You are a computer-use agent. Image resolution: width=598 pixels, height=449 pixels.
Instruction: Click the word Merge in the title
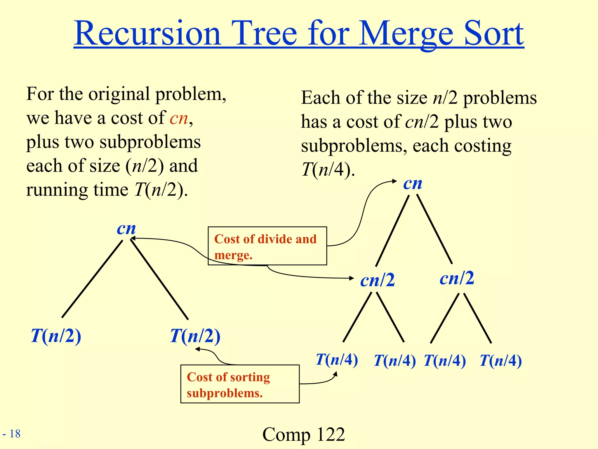point(406,34)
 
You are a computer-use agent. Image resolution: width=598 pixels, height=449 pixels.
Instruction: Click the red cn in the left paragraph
point(179,118)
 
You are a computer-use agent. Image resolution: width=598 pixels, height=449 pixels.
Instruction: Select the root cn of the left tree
point(126,229)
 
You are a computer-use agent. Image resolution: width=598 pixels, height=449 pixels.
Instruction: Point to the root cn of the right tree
point(413,184)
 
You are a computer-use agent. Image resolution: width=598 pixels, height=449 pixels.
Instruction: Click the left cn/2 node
point(377,280)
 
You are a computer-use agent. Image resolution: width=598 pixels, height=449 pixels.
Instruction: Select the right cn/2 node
point(457,278)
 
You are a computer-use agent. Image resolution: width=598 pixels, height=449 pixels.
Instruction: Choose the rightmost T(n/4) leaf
point(500,360)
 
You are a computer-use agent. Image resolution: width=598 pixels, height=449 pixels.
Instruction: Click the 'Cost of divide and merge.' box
point(267,246)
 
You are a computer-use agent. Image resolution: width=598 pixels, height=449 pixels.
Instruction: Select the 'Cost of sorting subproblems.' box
point(240,384)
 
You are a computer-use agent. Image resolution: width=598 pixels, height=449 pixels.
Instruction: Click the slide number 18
point(15,434)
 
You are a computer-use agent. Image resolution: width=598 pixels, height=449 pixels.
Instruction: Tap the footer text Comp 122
point(303,434)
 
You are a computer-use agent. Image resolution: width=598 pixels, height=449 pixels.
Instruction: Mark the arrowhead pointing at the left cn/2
point(352,278)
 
